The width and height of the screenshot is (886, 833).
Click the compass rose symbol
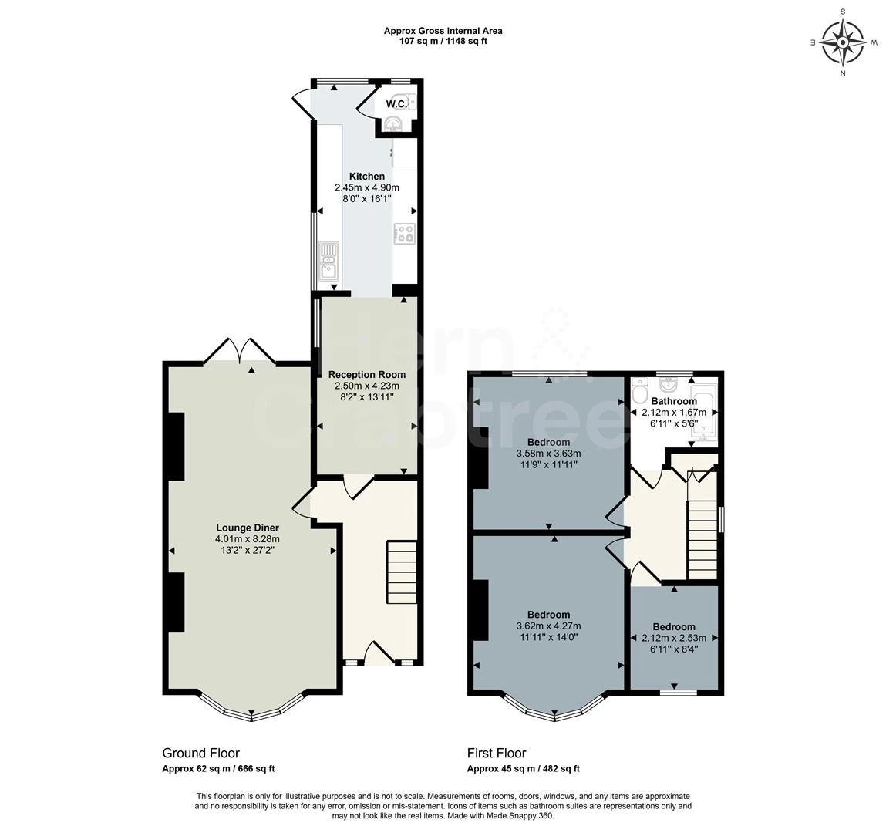843,42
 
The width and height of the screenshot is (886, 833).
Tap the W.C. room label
396,104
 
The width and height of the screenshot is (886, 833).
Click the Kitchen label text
366,177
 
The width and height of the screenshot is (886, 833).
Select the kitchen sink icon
328,259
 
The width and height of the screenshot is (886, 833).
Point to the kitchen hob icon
405,233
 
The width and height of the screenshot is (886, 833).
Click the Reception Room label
366,375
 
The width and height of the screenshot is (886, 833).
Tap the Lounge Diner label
248,528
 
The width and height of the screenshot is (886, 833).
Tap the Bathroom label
674,401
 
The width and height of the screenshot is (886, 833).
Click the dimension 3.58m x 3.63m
548,454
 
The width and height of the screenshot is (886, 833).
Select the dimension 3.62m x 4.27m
548,626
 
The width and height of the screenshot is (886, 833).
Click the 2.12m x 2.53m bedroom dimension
673,639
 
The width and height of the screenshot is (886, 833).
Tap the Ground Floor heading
200,753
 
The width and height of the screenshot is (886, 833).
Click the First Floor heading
496,753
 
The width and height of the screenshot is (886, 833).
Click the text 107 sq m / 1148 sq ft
443,41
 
